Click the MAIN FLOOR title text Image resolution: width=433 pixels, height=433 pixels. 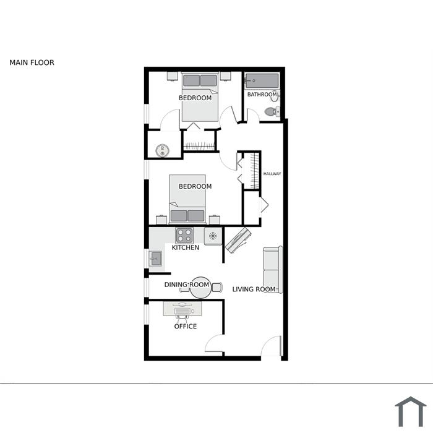[x=32, y=62]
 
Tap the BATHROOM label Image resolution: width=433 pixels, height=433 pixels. [x=262, y=95]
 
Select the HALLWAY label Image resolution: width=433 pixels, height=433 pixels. [x=272, y=174]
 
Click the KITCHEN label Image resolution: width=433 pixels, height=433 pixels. [x=186, y=247]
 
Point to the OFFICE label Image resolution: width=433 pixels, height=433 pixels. [x=186, y=327]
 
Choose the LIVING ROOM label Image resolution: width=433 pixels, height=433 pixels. [x=254, y=289]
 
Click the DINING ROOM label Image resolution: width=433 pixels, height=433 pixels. [x=187, y=285]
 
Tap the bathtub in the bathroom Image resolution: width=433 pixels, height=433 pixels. [x=262, y=80]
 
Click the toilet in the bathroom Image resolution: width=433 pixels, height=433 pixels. [x=272, y=112]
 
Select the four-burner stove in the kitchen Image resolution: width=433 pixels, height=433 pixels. [x=184, y=236]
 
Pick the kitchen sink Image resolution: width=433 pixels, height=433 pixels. [x=155, y=259]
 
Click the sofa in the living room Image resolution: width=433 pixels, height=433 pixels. [x=273, y=270]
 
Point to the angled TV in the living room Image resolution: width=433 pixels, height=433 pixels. [x=238, y=240]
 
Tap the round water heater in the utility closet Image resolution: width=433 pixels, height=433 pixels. [x=162, y=150]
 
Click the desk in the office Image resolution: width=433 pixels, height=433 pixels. [x=182, y=309]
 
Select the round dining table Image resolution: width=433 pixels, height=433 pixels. [x=201, y=288]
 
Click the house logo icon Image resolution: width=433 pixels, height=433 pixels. [x=411, y=411]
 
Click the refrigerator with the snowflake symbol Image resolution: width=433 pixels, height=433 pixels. [x=213, y=236]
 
